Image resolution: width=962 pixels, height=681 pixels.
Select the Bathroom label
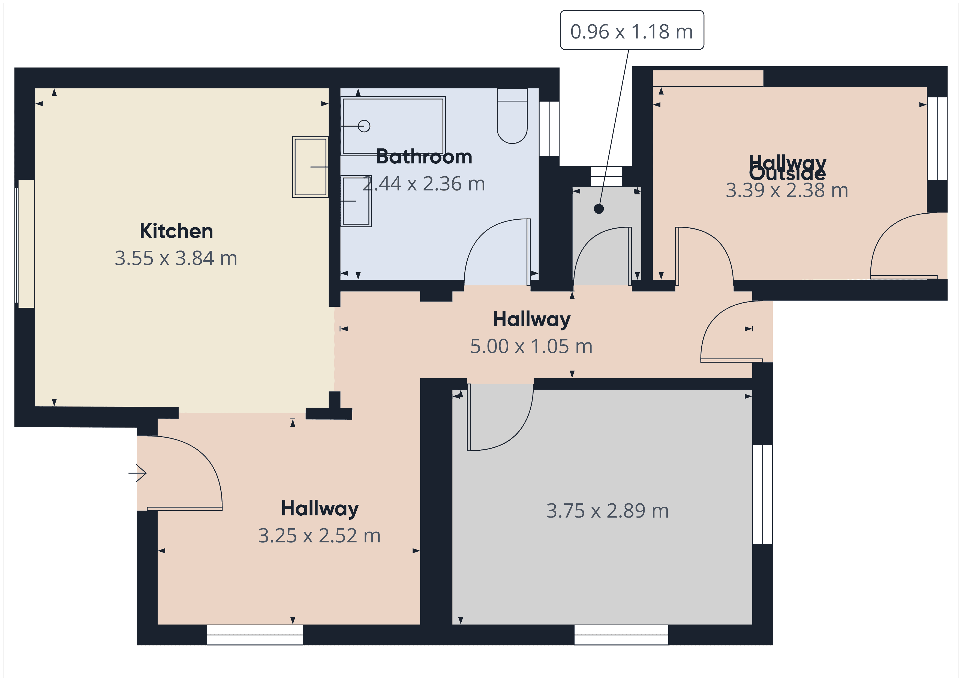(424, 157)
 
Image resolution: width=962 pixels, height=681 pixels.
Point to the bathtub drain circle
(364, 126)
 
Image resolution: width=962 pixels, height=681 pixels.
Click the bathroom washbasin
(356, 201)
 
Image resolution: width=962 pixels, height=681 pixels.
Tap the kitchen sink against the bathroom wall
(310, 167)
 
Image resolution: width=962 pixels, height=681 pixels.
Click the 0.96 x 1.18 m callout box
(632, 31)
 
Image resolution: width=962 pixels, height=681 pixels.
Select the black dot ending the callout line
(599, 208)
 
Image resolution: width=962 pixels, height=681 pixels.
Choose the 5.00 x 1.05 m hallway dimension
(531, 347)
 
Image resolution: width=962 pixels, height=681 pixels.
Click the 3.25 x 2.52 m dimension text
(319, 536)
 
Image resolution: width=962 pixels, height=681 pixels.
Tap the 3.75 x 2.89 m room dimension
(607, 511)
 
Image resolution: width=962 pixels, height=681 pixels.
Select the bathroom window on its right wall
(549, 128)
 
